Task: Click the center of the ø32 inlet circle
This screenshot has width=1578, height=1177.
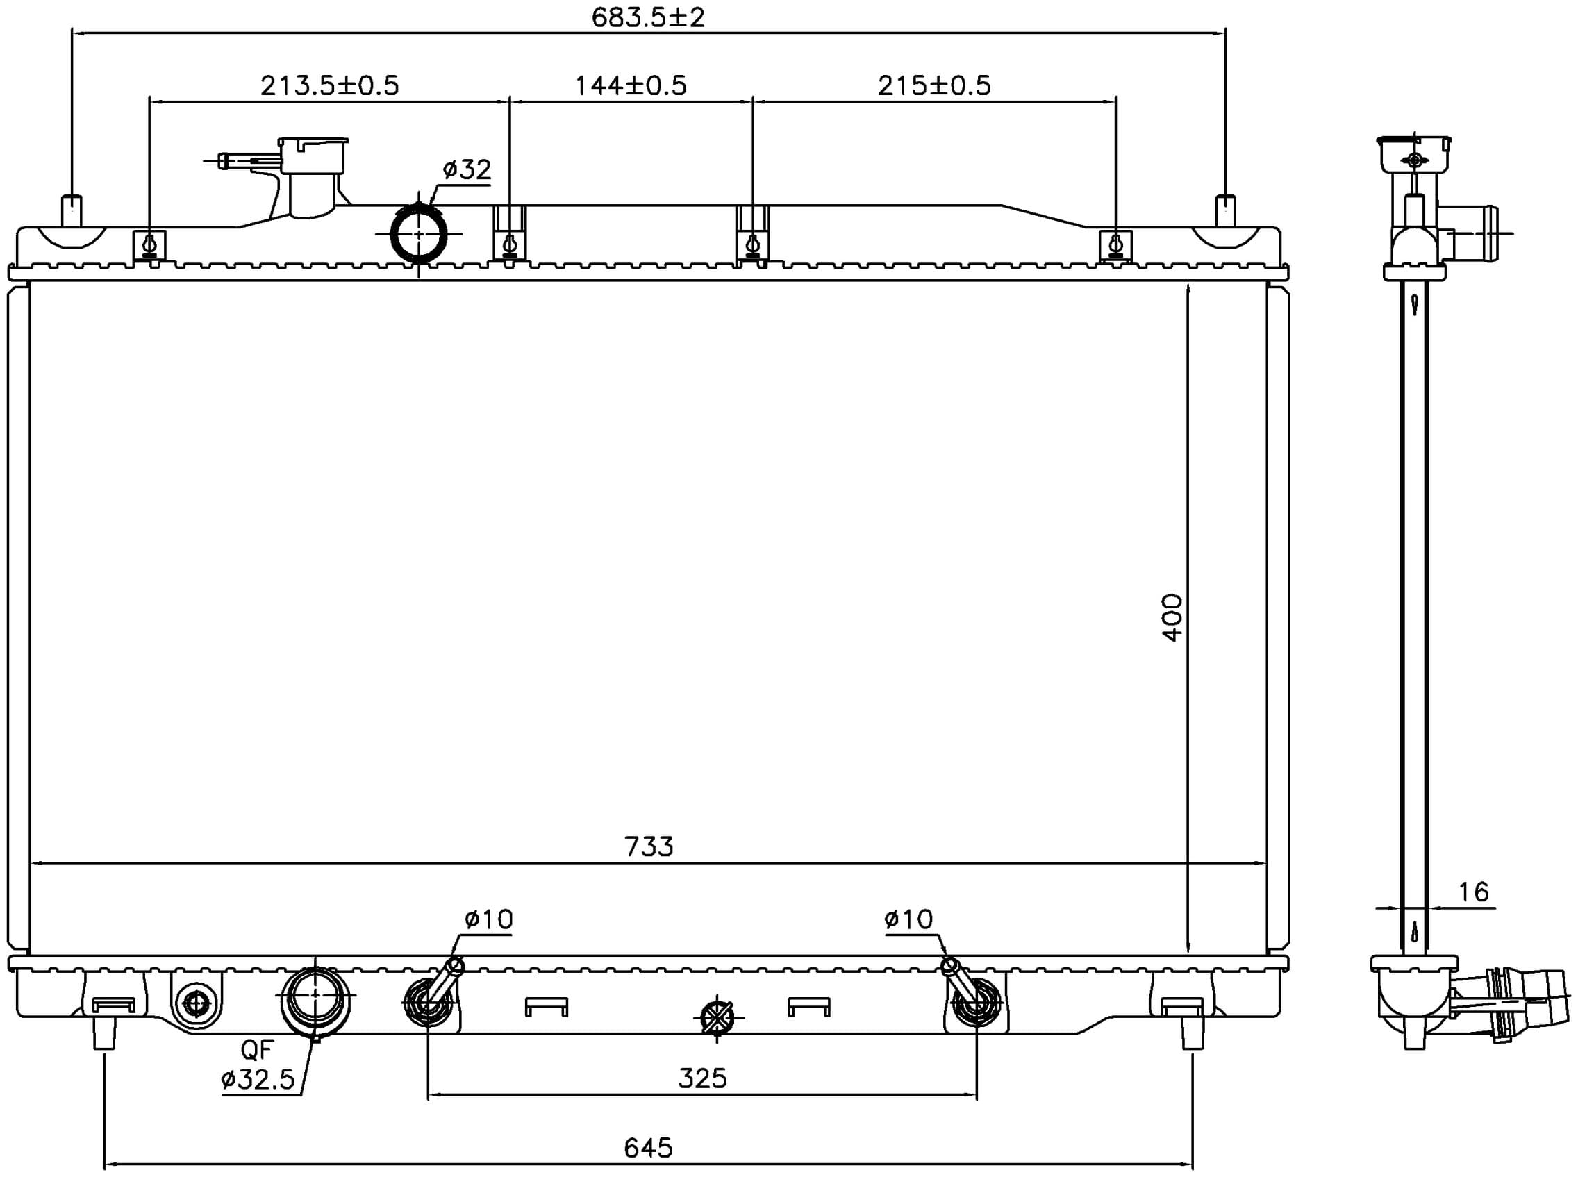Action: (419, 234)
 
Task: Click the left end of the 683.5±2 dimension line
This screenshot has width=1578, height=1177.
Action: (72, 33)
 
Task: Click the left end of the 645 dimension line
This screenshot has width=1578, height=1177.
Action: (105, 1164)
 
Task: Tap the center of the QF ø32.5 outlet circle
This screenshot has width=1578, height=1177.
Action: (315, 994)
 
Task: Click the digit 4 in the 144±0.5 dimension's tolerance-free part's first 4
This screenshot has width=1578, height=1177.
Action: (603, 85)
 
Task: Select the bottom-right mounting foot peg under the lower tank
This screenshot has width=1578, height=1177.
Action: (1193, 1033)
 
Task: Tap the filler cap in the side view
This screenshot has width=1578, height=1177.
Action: (1414, 154)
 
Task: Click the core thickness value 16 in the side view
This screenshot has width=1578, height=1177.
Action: (1472, 892)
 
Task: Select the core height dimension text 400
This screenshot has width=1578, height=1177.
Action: (1172, 619)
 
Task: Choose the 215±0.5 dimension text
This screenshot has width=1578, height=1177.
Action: (934, 85)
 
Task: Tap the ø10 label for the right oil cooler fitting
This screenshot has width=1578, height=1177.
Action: (908, 919)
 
